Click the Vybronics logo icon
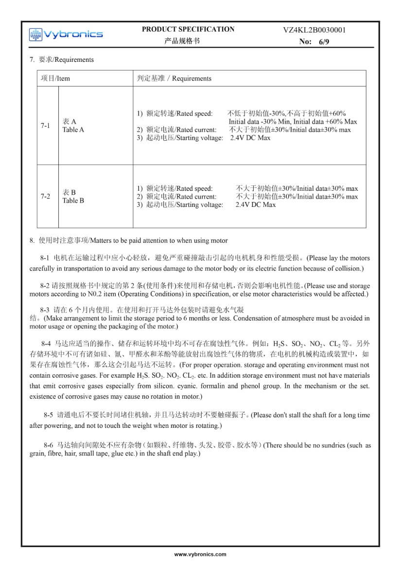36,35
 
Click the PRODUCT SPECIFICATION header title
188,29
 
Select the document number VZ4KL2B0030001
314,30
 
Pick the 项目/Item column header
55,78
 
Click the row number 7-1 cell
45,126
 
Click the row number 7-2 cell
45,197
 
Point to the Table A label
73,130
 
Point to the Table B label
73,201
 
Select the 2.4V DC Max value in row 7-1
250,138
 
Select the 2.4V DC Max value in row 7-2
256,205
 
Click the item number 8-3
45,310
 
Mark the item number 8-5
48,415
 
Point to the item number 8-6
48,445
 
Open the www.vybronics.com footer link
200,554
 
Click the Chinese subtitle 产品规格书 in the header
182,41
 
